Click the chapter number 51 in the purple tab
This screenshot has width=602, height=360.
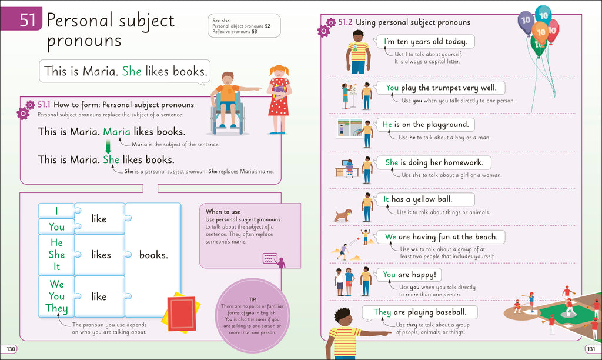28,21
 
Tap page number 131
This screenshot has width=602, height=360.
591,349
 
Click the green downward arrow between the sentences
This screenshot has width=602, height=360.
108,146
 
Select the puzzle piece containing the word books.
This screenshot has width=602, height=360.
153,255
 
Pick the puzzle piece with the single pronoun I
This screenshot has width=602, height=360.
56,211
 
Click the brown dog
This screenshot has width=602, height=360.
343,215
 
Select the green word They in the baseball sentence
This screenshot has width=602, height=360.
382,312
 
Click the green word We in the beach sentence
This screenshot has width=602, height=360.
391,237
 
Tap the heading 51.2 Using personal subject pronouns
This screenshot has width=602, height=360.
404,22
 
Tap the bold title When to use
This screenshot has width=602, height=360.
223,212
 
